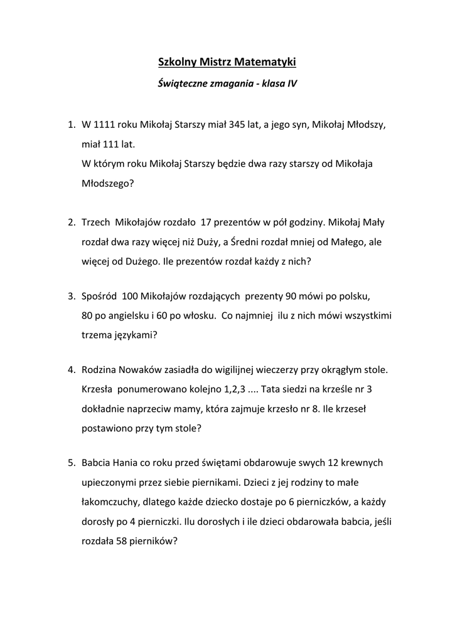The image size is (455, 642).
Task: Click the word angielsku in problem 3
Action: pos(128,315)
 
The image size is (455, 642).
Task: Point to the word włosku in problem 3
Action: pos(198,315)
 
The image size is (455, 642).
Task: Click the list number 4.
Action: pos(71,370)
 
